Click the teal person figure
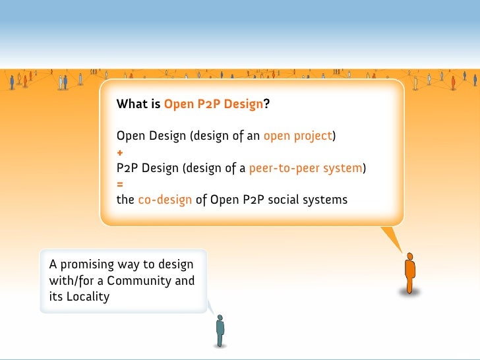[x=220, y=330]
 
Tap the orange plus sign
[x=120, y=153]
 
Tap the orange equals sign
[x=120, y=183]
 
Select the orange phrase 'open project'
[x=297, y=136]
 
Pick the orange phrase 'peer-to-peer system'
[x=306, y=168]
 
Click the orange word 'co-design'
[x=165, y=200]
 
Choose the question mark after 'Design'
[x=267, y=104]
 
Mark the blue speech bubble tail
[x=212, y=307]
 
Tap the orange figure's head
[x=409, y=256]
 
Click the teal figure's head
[x=220, y=317]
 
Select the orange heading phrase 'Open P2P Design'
[x=214, y=104]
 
